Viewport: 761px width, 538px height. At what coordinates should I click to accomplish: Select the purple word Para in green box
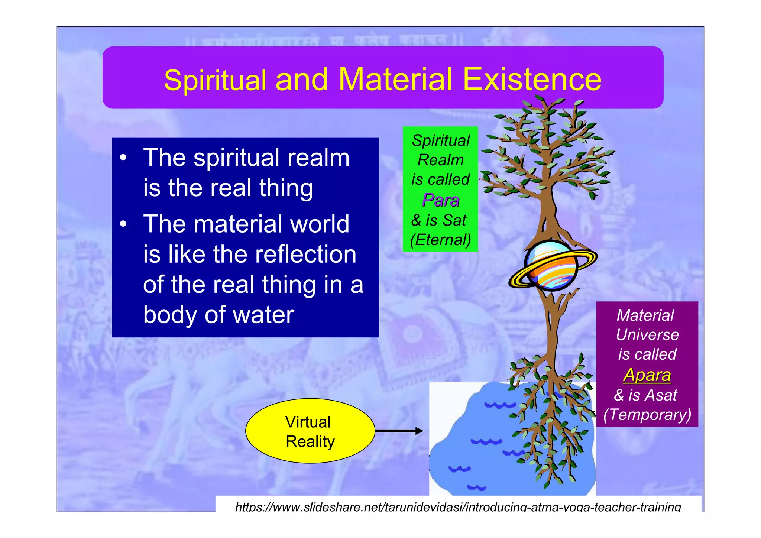441,200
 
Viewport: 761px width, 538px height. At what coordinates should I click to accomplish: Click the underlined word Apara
647,375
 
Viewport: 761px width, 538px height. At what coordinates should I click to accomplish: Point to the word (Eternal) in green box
441,240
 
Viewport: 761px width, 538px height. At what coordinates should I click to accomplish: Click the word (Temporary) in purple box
647,415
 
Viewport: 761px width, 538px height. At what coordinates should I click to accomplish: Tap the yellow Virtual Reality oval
310,431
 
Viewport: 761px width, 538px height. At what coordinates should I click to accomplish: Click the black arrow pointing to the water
399,431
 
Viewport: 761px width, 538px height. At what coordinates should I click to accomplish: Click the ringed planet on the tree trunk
552,265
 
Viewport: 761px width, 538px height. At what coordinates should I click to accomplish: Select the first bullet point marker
123,158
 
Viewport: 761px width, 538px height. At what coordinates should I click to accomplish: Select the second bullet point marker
123,224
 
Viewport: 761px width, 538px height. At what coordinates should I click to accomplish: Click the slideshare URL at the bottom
458,507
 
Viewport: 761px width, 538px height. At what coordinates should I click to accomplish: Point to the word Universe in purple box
647,335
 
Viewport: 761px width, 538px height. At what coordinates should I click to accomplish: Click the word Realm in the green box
441,160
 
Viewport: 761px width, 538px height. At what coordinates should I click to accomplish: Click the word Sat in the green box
454,220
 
